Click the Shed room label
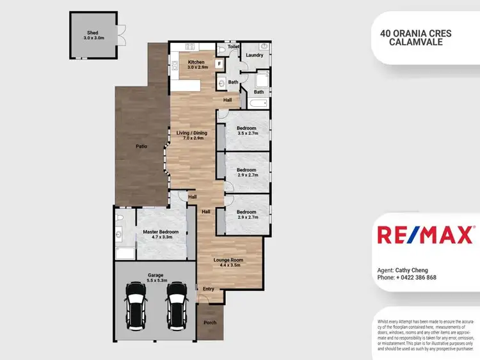point(93,32)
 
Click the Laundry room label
point(254,55)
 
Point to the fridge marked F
point(219,63)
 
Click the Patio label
point(141,146)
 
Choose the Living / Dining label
point(193,133)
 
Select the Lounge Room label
point(228,260)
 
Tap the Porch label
point(210,322)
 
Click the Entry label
point(209,289)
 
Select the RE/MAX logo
point(425,235)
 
